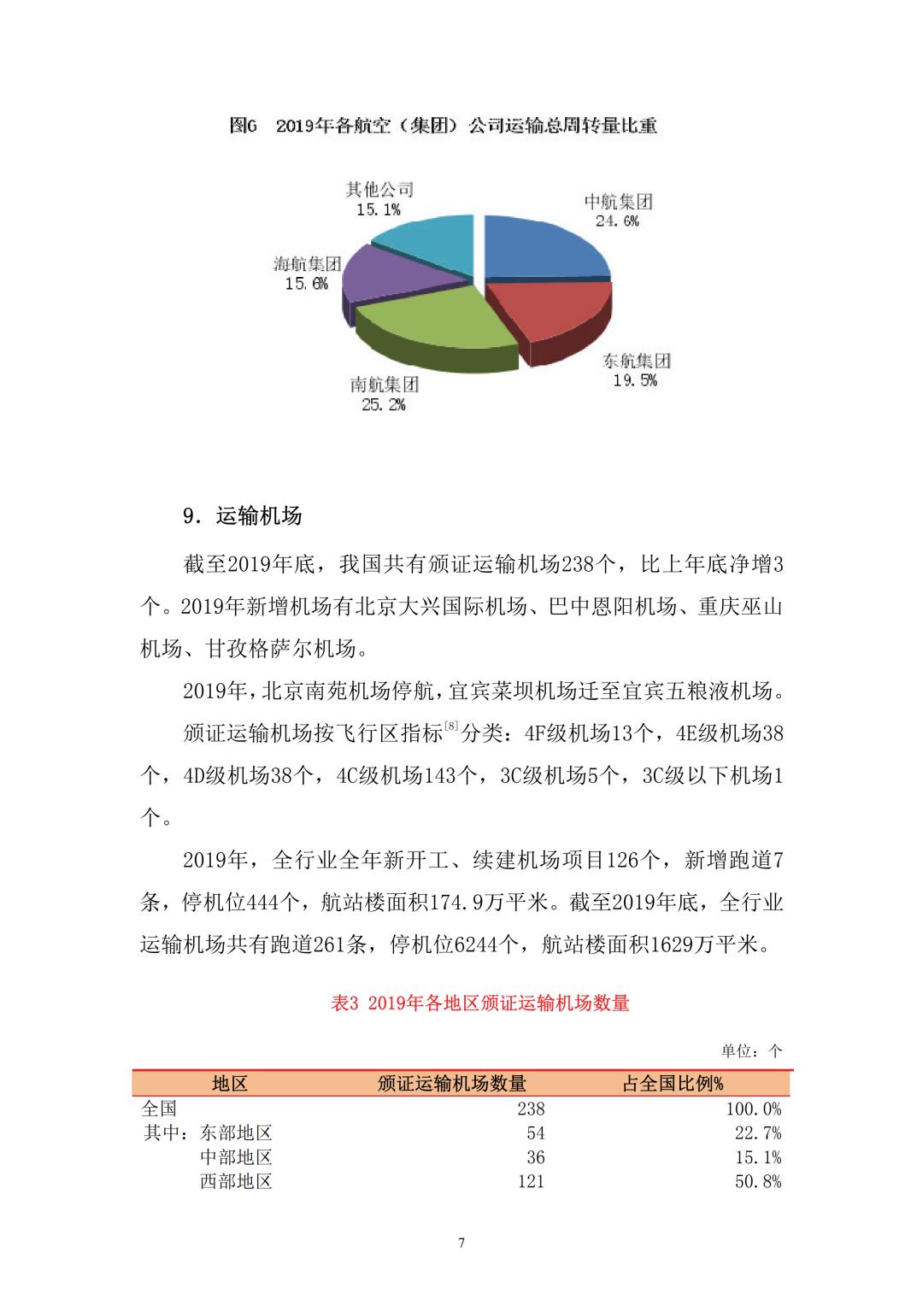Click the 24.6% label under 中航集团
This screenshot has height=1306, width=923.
click(x=618, y=221)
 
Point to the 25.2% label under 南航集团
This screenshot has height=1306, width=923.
click(x=384, y=404)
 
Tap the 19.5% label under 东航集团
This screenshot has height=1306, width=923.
click(x=635, y=380)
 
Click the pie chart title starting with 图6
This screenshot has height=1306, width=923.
click(x=444, y=126)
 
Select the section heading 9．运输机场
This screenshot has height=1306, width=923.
click(x=243, y=516)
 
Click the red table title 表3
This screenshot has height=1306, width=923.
click(x=479, y=1003)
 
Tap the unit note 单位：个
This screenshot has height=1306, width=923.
click(x=751, y=1051)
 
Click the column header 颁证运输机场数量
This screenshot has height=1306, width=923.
click(x=452, y=1084)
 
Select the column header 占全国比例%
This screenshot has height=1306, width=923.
click(x=673, y=1084)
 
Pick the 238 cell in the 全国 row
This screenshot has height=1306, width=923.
click(x=530, y=1109)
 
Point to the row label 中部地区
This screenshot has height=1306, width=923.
click(x=236, y=1158)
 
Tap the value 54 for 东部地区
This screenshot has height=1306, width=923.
click(x=535, y=1133)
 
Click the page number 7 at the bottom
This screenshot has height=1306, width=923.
click(x=461, y=1243)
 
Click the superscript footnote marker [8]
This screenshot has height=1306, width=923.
click(x=451, y=727)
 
